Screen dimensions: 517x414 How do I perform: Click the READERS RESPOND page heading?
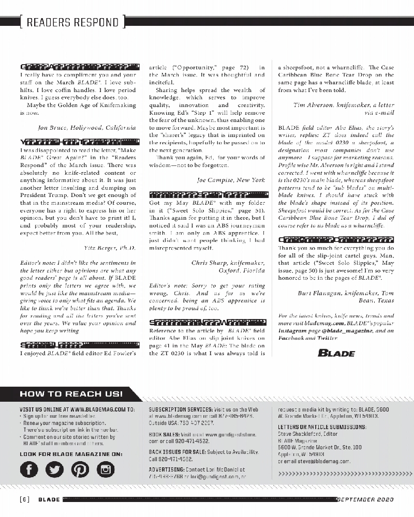pyautogui.click(x=72, y=22)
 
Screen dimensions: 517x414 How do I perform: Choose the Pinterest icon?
pyautogui.click(x=80, y=469)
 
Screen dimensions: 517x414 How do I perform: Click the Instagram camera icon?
pyautogui.click(x=106, y=469)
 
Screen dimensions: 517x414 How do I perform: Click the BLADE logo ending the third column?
pyautogui.click(x=336, y=354)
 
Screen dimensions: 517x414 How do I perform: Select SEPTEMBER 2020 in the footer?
pyautogui.click(x=365, y=499)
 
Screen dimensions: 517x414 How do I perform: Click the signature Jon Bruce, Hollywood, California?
pyautogui.click(x=87, y=127)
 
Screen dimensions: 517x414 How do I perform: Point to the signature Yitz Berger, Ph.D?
pyautogui.click(x=110, y=248)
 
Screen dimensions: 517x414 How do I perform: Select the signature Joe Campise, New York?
pyautogui.click(x=231, y=180)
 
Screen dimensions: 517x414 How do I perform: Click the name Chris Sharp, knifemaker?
pyautogui.click(x=228, y=263)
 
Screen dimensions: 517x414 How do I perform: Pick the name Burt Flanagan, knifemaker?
pyautogui.click(x=335, y=293)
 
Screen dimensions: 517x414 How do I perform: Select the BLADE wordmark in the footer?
pyautogui.click(x=49, y=499)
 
